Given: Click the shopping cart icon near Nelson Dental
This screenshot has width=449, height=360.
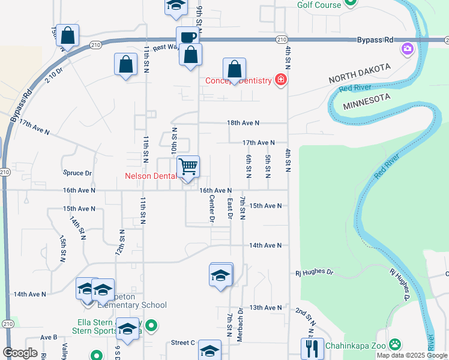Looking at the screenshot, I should pos(188,167).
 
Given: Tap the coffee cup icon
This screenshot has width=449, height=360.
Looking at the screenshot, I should pos(187,37).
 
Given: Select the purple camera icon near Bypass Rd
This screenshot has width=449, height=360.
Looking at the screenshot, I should pos(408,48).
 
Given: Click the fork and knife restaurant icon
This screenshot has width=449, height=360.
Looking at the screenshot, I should pos(311,349).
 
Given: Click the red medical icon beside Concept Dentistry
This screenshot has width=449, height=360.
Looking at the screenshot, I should pos(280,80).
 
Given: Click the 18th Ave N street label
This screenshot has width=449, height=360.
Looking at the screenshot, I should pos(243,122).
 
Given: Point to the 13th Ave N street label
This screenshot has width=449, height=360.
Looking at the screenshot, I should pos(265,307).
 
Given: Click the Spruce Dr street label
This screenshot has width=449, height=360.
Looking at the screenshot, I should pos(77,173).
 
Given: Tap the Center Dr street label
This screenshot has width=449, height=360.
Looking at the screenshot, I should pos(212,208).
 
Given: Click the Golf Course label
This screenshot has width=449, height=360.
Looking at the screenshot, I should pos(319,5).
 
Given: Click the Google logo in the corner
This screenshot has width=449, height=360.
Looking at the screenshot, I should pos(20,353).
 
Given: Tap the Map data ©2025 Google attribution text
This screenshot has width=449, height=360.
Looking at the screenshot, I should pos(412,355).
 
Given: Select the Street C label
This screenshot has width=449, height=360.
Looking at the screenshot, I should pos(183,343).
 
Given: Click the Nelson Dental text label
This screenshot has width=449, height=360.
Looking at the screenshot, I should pos(150,176).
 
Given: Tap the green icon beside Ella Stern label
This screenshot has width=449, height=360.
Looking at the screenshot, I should pos(152,326).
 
